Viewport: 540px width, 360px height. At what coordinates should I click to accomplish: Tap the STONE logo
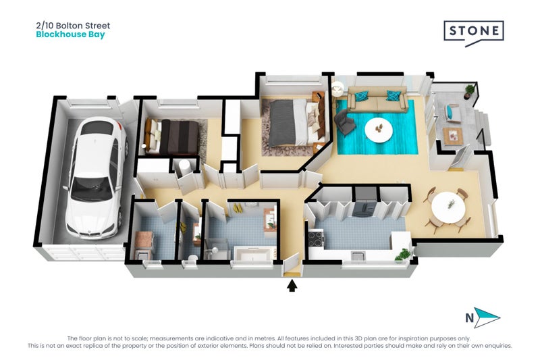coord(473,32)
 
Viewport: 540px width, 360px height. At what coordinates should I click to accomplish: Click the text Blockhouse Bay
coord(70,34)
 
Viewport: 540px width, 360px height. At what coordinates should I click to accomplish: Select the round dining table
coord(446,205)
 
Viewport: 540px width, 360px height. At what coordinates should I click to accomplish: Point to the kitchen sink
coord(358,256)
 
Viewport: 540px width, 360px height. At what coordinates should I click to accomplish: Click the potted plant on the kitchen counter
coord(402,253)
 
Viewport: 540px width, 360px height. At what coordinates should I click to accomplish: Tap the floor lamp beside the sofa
coord(337,88)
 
